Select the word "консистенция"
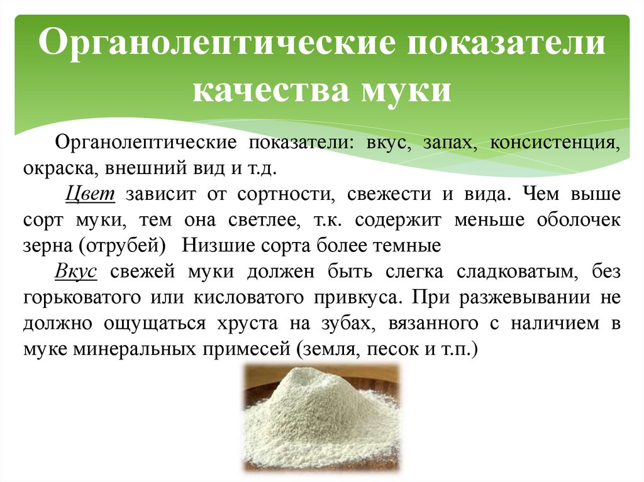click(556, 142)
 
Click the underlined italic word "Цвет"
click(89, 194)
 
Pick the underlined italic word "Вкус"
click(75, 271)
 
